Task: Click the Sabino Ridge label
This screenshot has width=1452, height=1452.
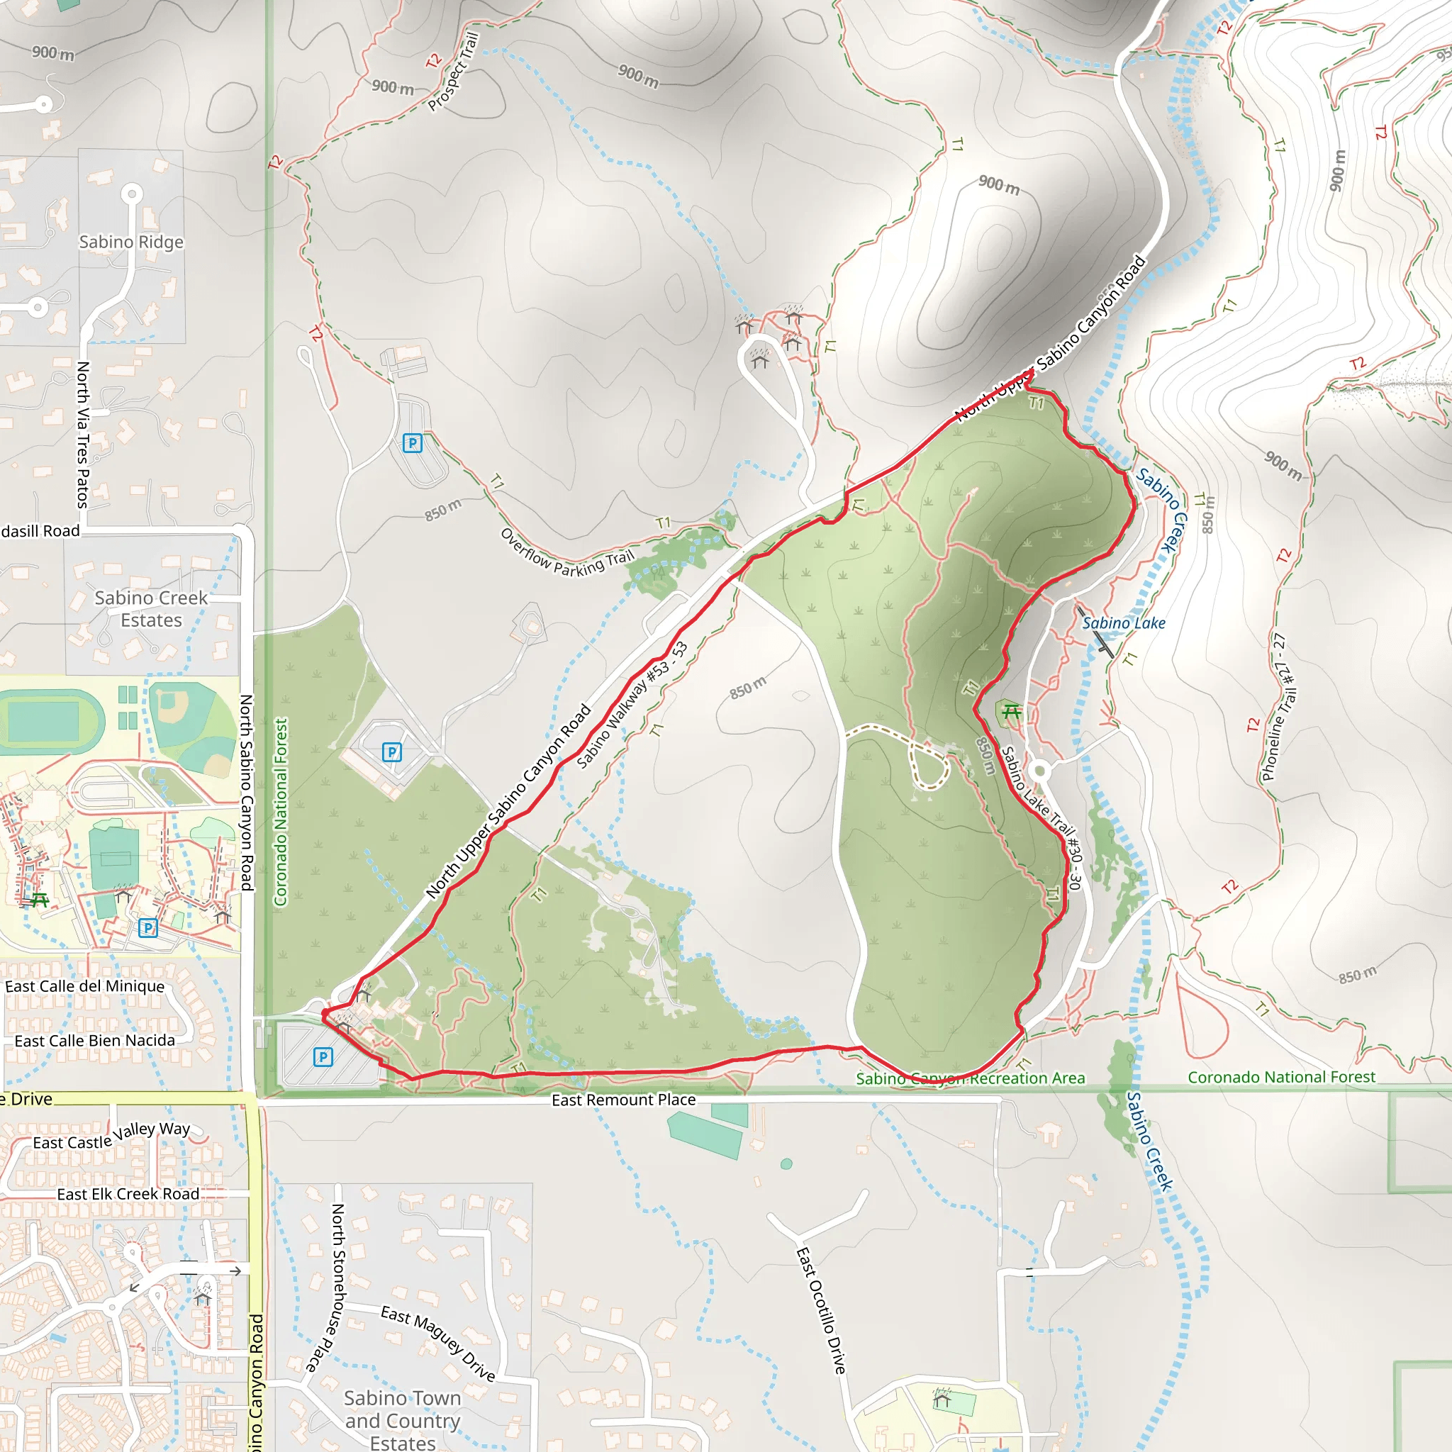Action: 132,242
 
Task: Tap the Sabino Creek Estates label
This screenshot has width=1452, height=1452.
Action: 151,609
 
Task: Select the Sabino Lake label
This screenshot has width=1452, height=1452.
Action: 1124,623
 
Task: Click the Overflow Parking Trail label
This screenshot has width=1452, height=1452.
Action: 567,554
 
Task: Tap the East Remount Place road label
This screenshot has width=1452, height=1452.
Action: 623,1100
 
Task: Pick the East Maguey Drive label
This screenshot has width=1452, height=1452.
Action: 438,1344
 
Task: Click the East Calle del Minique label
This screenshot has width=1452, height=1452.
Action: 85,986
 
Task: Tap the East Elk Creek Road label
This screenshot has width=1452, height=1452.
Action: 128,1194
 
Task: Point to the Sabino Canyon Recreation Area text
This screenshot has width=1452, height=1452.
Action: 971,1078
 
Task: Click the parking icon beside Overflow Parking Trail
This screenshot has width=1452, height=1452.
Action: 413,442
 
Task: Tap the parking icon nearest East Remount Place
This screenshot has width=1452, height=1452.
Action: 323,1057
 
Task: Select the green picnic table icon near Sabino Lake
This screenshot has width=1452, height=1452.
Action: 1012,711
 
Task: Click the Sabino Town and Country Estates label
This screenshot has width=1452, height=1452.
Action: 402,1419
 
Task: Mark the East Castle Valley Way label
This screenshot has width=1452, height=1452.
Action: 111,1137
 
